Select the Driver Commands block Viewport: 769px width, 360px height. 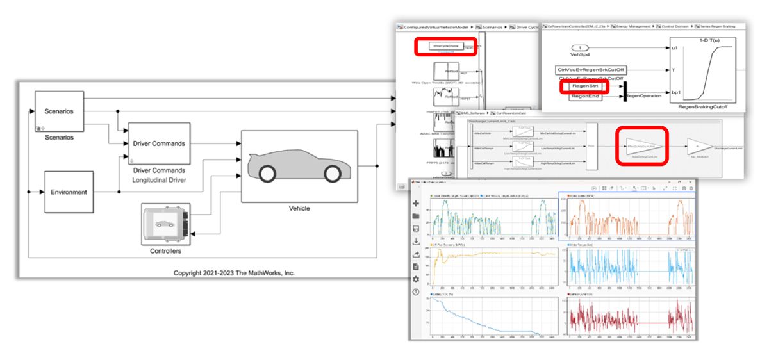pyautogui.click(x=159, y=143)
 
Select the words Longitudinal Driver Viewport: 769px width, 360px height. pyautogui.click(x=158, y=181)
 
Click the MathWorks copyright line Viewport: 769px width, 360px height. pyautogui.click(x=234, y=273)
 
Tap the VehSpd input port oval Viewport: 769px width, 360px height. pyautogui.click(x=579, y=48)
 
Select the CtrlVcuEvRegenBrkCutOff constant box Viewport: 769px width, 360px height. pyautogui.click(x=591, y=70)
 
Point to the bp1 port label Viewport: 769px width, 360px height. pyautogui.click(x=675, y=92)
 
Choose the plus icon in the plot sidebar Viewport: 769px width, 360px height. pyautogui.click(x=416, y=203)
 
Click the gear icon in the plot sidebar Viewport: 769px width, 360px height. pyautogui.click(x=416, y=279)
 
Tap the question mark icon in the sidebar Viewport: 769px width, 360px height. pyautogui.click(x=416, y=292)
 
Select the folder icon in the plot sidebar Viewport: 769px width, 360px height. pyautogui.click(x=416, y=216)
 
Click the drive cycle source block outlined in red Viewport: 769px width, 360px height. pyautogui.click(x=445, y=46)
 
